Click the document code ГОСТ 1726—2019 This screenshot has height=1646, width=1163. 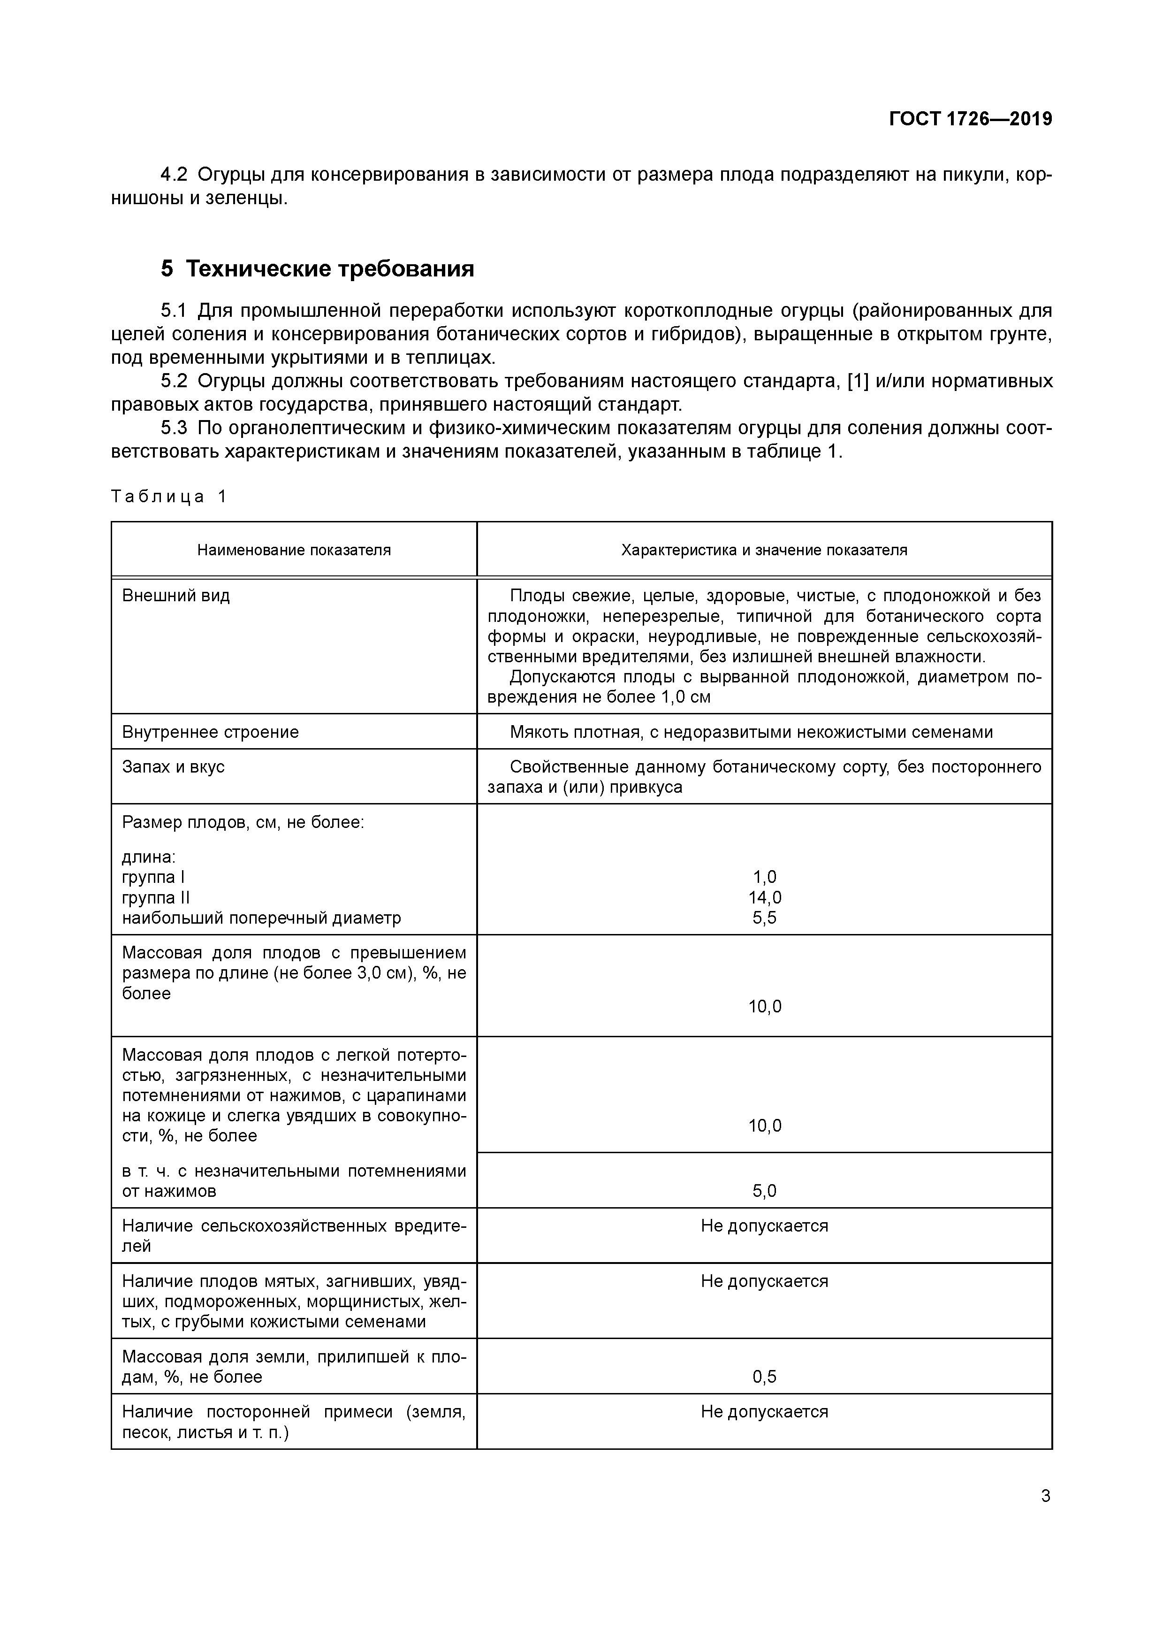(x=970, y=119)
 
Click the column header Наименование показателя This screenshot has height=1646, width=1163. (x=294, y=550)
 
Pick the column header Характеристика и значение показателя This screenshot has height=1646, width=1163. (x=764, y=550)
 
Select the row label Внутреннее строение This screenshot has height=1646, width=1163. (x=210, y=732)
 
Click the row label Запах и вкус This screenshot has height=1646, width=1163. (x=174, y=766)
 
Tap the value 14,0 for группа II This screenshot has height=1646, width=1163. (x=765, y=897)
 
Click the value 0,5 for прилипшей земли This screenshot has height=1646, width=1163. (x=765, y=1377)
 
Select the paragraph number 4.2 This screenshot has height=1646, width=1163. (x=174, y=174)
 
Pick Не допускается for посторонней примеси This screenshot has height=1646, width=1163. (x=765, y=1412)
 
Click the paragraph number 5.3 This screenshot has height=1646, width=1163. (x=174, y=428)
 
